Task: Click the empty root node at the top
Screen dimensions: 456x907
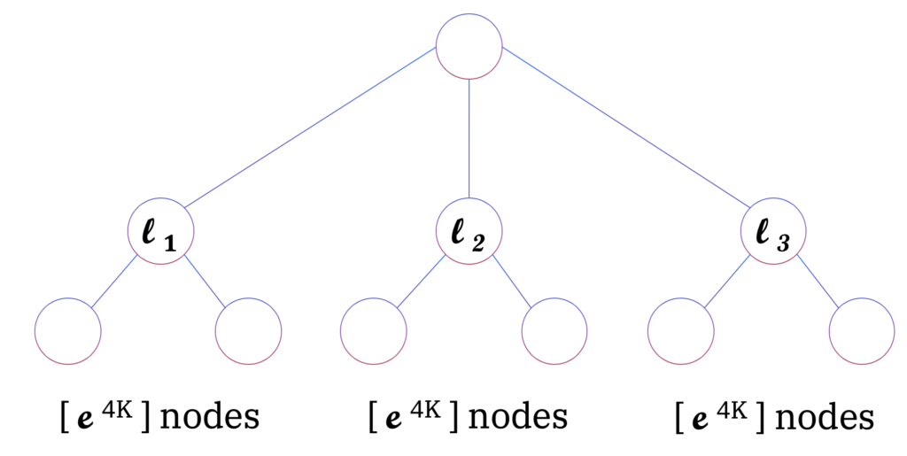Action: [x=469, y=47]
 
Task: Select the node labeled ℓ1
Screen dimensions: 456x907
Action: [x=160, y=234]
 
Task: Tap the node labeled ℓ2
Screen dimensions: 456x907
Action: [x=469, y=234]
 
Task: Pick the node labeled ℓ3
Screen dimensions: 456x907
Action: [x=773, y=234]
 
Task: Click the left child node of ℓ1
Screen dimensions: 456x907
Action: [x=68, y=330]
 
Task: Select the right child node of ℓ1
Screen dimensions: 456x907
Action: [x=249, y=330]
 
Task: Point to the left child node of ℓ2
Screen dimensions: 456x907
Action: [x=374, y=330]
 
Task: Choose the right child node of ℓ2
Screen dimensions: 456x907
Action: [x=554, y=330]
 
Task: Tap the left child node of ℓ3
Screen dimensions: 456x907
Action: [x=680, y=330]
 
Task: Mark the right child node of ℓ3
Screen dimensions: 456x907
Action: [x=862, y=330]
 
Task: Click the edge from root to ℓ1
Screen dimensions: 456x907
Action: [x=310, y=128]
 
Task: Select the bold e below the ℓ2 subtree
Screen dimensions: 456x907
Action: [x=391, y=416]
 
